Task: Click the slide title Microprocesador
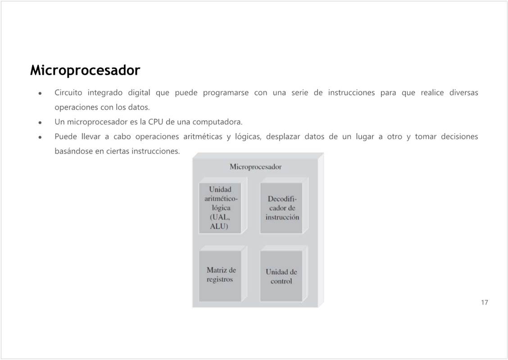tap(85, 70)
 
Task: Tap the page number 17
tap(484, 302)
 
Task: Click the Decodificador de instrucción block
tap(281, 208)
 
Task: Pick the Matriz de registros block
tap(220, 275)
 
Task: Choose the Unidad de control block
tap(281, 275)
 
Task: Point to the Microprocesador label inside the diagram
tap(256, 167)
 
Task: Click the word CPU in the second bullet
tap(155, 122)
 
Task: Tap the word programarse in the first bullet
tap(226, 93)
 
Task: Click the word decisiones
tap(459, 137)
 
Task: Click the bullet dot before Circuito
tap(40, 93)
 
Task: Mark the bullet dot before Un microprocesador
tap(40, 123)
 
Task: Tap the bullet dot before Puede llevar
tap(40, 137)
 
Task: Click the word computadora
tap(218, 122)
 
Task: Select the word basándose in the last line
tap(73, 151)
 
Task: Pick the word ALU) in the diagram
tap(219, 226)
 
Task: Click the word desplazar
tap(283, 137)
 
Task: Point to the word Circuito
tap(68, 93)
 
